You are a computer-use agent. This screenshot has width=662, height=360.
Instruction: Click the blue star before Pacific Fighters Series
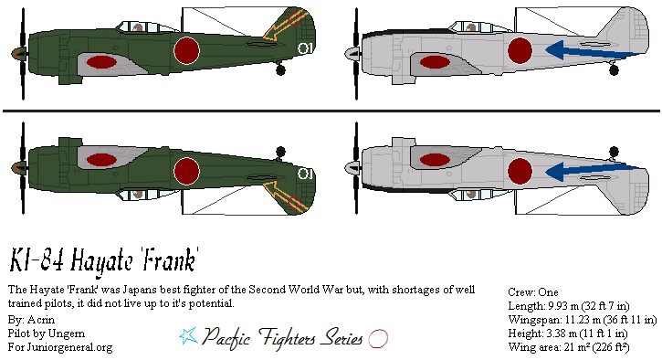coord(187,336)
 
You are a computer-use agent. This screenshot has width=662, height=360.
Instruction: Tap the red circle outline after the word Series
coord(378,337)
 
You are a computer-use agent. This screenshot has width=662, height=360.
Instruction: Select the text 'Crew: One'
coord(533,292)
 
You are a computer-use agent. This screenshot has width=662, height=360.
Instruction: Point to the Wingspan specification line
coord(582,320)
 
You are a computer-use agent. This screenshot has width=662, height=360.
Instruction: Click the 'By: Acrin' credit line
coord(29,321)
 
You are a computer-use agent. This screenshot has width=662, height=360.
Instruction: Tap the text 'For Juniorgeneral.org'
coord(59,347)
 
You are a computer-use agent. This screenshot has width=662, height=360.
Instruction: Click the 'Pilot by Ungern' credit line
coord(46,334)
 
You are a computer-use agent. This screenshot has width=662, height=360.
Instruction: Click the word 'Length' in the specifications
coord(525,306)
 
